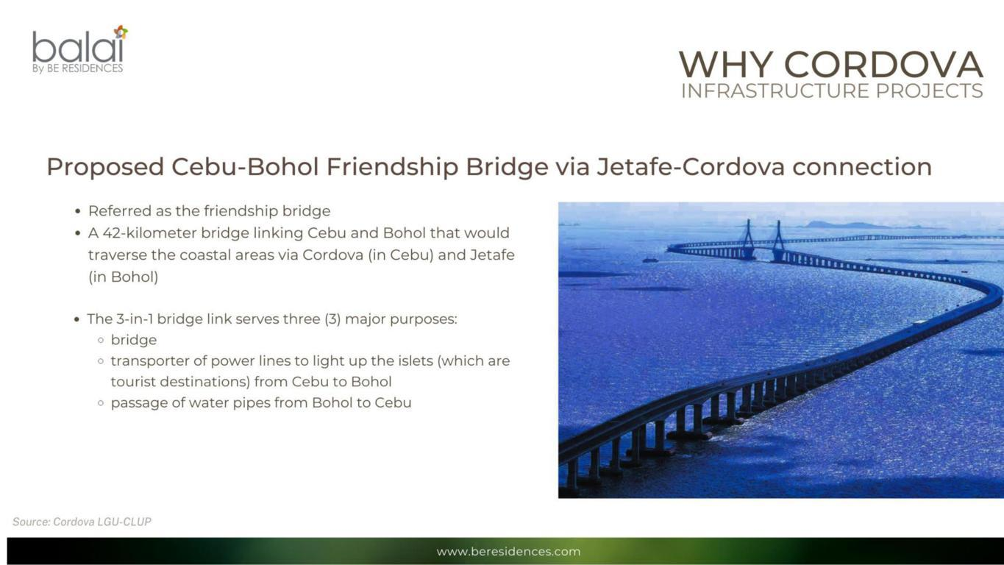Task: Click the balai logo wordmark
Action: pyautogui.click(x=77, y=46)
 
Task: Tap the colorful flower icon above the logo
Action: pyautogui.click(x=121, y=32)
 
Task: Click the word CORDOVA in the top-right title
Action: pyautogui.click(x=883, y=65)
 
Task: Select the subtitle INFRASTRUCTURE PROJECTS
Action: pyautogui.click(x=832, y=91)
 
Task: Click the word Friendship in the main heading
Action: pyautogui.click(x=392, y=167)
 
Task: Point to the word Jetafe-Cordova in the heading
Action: pyautogui.click(x=691, y=167)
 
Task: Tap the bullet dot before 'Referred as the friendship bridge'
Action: pyautogui.click(x=78, y=211)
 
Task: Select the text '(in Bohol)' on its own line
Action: pyautogui.click(x=124, y=277)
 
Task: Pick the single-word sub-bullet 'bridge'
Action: pyautogui.click(x=134, y=340)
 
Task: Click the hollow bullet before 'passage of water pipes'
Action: pyautogui.click(x=101, y=403)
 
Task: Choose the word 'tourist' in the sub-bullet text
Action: pyautogui.click(x=133, y=382)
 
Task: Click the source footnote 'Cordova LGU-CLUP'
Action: pyautogui.click(x=102, y=522)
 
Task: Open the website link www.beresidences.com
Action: pyautogui.click(x=508, y=551)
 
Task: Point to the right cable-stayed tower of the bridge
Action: pyautogui.click(x=778, y=241)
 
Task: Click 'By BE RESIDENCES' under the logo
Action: pyautogui.click(x=77, y=68)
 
